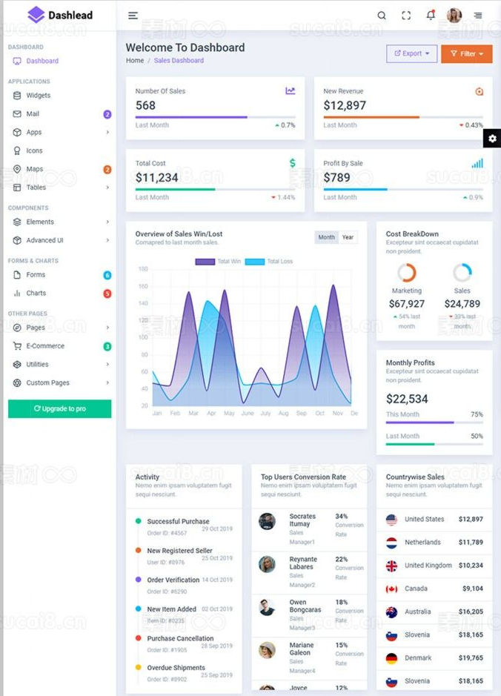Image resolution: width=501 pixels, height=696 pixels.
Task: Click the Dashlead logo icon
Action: click(36, 14)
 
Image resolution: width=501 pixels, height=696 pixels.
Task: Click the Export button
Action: click(411, 53)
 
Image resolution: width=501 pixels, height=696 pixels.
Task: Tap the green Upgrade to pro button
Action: click(59, 408)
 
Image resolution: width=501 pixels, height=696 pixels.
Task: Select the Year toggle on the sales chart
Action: click(348, 237)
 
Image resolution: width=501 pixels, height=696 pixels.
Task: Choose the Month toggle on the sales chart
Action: click(326, 237)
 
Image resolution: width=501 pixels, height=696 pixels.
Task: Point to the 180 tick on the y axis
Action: click(144, 269)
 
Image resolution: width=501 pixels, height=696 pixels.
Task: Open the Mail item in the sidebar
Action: click(33, 114)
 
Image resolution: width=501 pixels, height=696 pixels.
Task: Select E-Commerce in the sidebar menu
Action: click(45, 346)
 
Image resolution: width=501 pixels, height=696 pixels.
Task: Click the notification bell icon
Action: click(431, 15)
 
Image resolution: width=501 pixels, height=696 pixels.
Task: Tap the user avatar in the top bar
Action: click(454, 15)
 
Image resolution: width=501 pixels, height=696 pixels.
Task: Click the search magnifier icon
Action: click(382, 15)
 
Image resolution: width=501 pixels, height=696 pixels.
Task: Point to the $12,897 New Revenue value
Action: click(345, 105)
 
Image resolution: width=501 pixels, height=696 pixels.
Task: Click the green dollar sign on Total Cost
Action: click(293, 163)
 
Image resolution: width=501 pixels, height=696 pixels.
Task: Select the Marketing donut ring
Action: click(407, 273)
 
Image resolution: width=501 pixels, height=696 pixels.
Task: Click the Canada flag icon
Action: click(391, 589)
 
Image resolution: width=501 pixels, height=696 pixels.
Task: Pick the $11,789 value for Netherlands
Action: click(471, 543)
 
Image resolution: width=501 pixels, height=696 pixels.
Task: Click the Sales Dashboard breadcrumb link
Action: click(179, 61)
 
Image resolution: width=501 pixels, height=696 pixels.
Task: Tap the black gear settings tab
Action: click(493, 139)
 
